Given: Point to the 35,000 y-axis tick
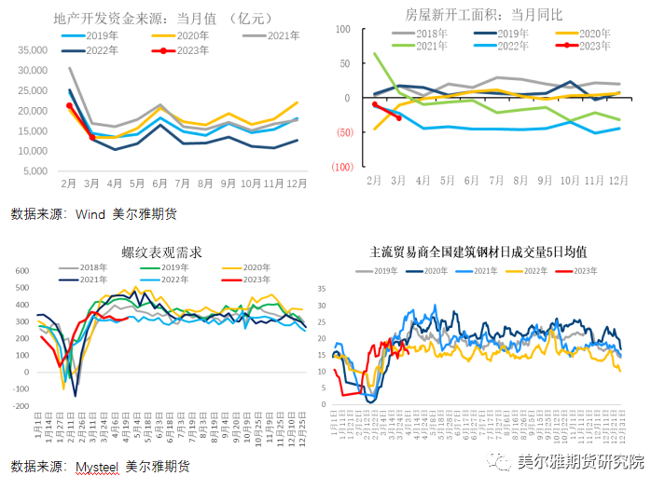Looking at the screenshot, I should (x=32, y=49).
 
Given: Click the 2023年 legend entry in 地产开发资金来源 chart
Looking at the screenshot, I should (x=187, y=50).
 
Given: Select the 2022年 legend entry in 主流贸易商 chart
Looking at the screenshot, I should (x=529, y=271).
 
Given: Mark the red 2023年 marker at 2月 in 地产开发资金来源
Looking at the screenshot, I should (x=70, y=106).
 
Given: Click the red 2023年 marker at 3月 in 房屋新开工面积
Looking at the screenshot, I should (x=399, y=117).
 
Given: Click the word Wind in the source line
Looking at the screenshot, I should (x=91, y=213).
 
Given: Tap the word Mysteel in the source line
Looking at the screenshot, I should (x=99, y=466).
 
